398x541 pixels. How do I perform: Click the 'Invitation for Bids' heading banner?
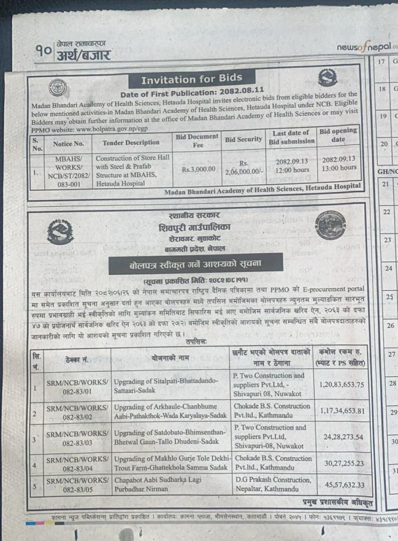[x=192, y=79]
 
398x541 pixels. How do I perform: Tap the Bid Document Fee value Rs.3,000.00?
[x=197, y=169]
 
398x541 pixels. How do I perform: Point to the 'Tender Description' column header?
[x=131, y=143]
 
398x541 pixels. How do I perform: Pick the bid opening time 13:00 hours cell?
[x=339, y=168]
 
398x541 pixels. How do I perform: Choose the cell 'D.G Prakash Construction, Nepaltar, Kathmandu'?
[x=273, y=485]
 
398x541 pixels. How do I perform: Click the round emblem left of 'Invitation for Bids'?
[x=58, y=87]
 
